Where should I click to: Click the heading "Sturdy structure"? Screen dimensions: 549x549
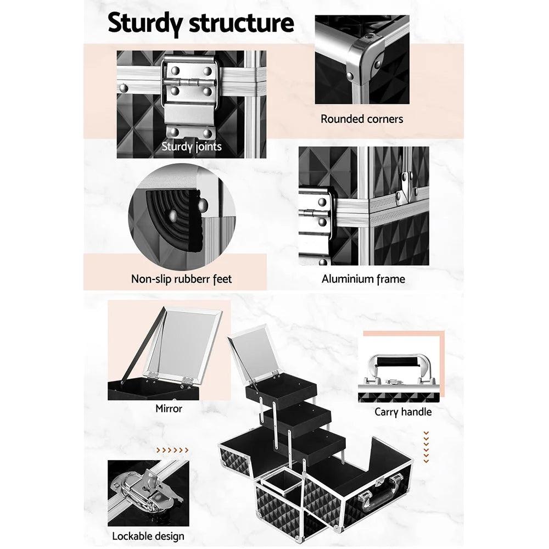coord(200,24)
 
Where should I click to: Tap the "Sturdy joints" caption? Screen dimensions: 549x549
coord(192,147)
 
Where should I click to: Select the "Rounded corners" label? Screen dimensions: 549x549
coord(362,119)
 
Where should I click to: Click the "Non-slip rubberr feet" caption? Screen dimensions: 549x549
coord(181,279)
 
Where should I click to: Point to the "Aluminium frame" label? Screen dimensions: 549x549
coord(363,279)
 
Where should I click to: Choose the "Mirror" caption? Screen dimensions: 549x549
coord(169,408)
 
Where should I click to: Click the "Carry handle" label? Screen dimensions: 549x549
coord(403,412)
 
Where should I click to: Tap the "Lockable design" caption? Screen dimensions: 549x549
coord(148,536)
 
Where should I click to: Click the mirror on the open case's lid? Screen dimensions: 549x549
coord(252,351)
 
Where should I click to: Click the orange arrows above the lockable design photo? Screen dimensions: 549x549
coord(172,450)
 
